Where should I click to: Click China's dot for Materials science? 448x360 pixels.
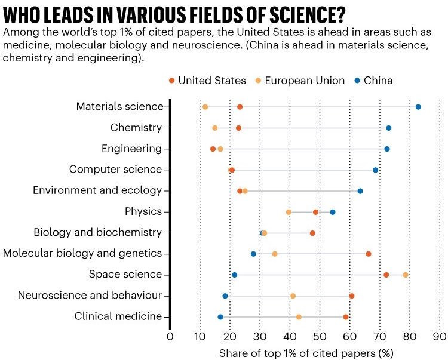coord(418,107)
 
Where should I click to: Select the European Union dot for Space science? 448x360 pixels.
coord(406,275)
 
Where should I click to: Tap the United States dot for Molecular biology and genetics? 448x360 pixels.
coord(369,254)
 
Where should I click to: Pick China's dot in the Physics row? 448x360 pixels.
coord(333,212)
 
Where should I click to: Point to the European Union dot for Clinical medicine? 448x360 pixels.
coord(299,316)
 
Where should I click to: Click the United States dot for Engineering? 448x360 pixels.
coord(213,149)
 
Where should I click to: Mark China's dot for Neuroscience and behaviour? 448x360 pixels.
coord(225,296)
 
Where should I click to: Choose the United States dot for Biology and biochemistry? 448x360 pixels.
coord(312,233)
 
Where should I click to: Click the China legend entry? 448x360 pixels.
coord(373,81)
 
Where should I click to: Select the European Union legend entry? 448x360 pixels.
coord(299,81)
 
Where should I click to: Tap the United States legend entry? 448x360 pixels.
coord(207,81)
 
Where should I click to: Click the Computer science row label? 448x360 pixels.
coord(115,170)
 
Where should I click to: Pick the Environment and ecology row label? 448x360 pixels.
coord(97,190)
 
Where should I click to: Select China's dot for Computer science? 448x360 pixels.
coord(375,170)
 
